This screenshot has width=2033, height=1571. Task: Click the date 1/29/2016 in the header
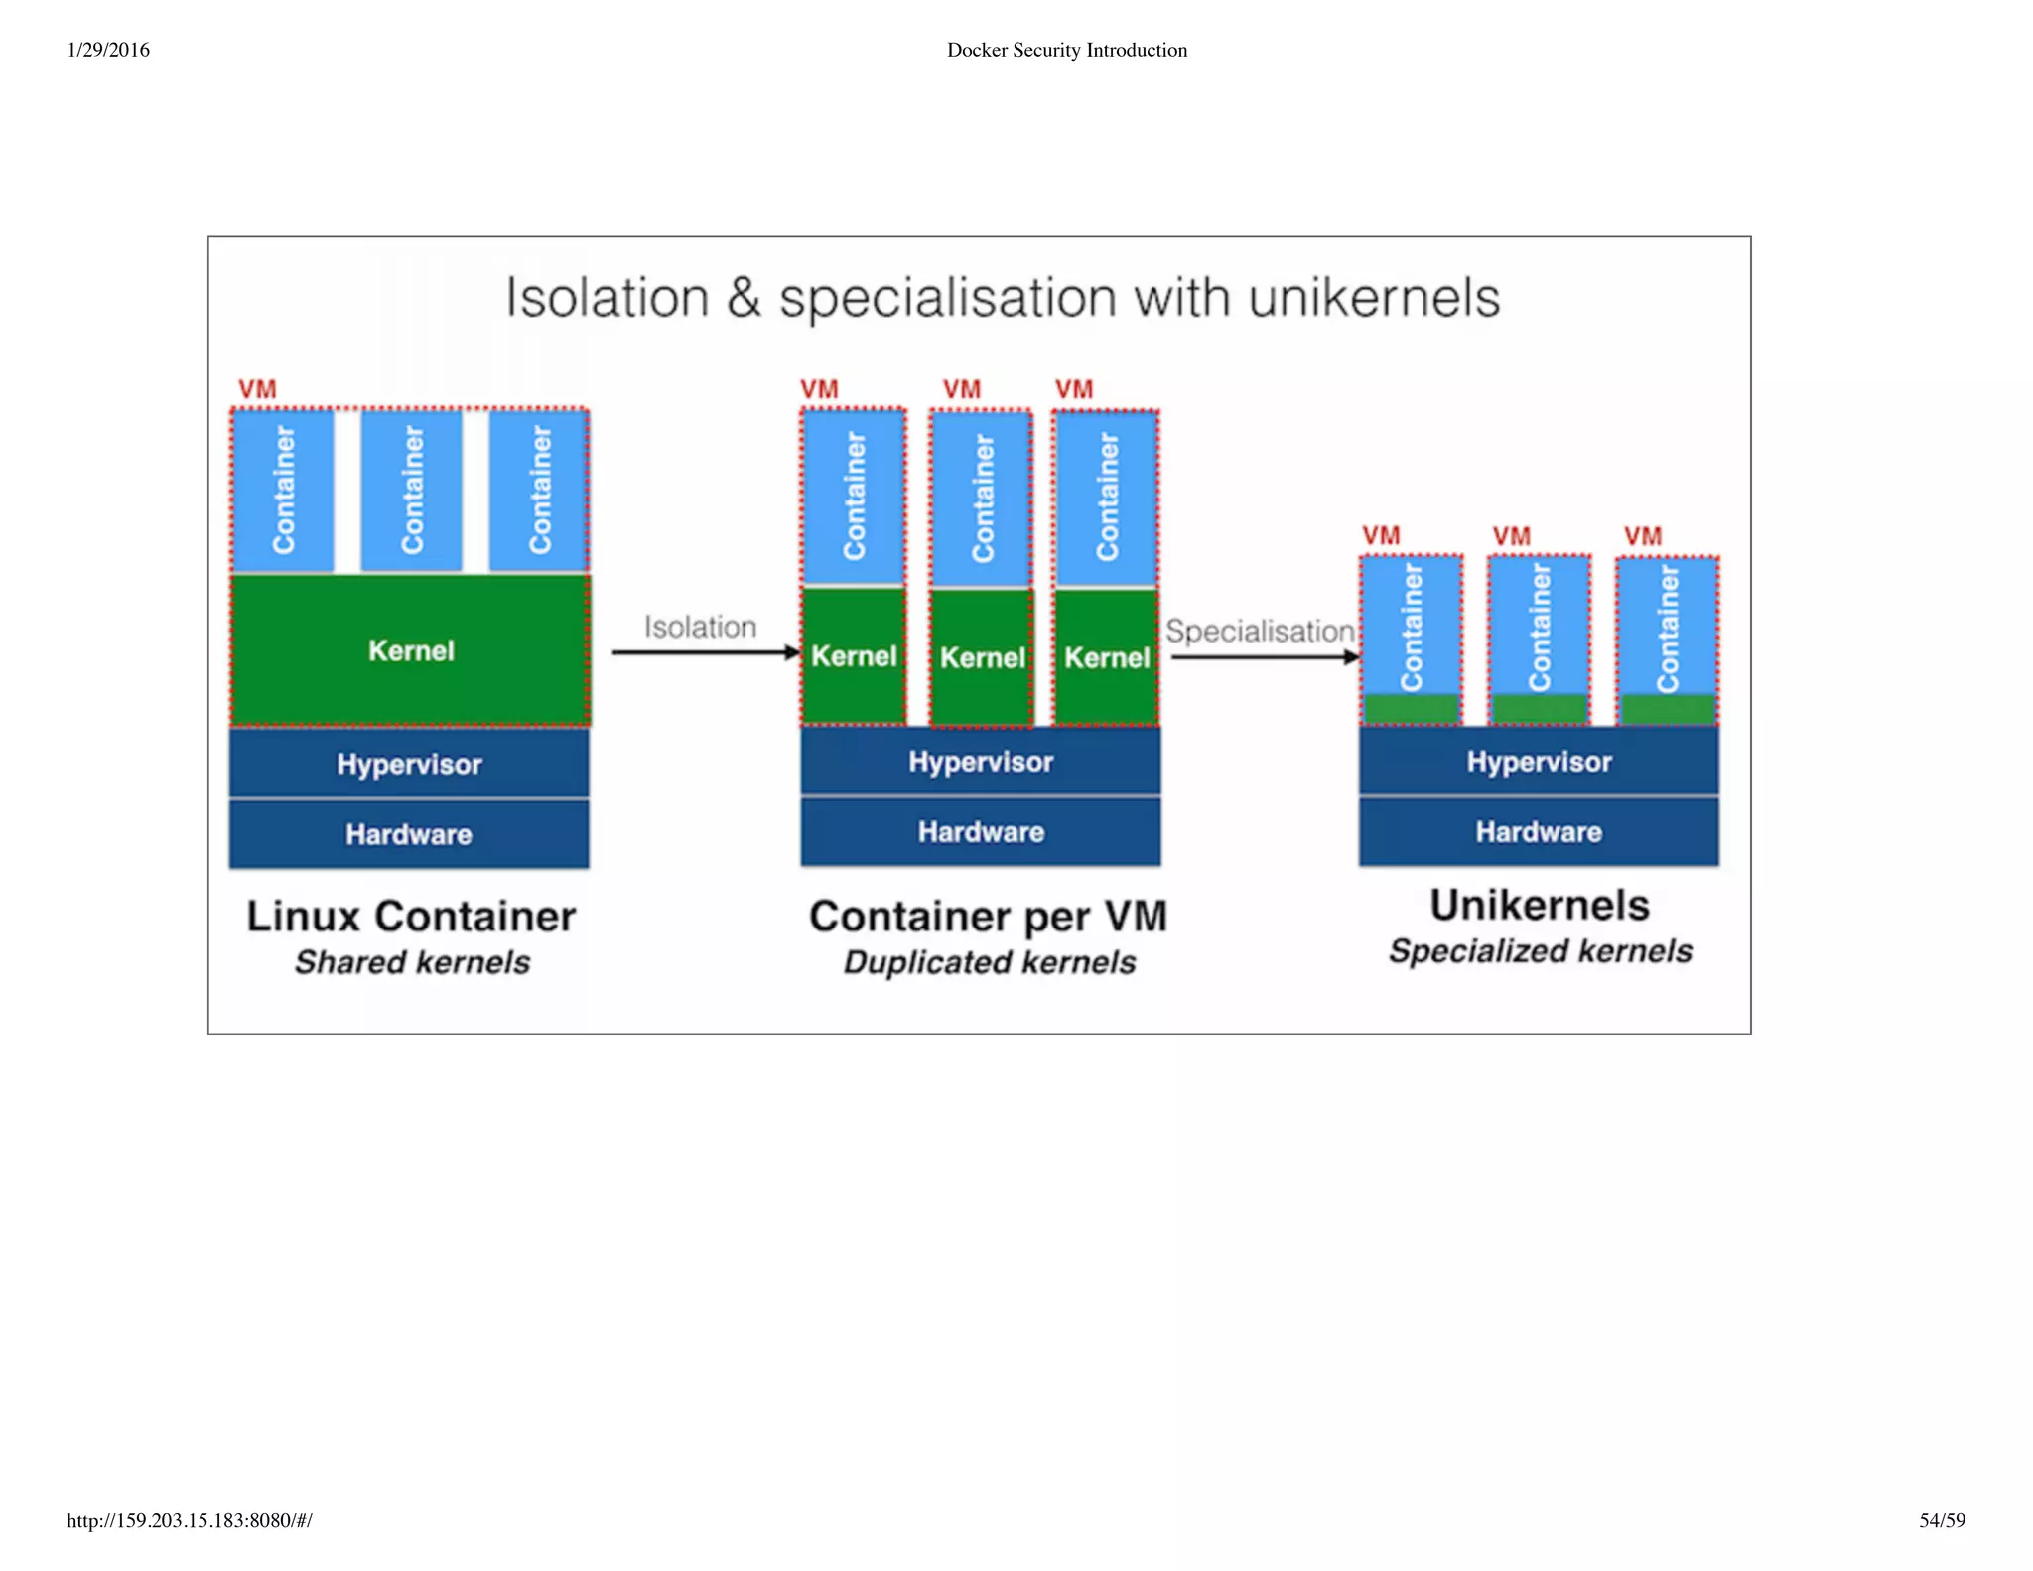point(108,50)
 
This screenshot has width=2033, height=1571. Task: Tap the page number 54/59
point(1942,1520)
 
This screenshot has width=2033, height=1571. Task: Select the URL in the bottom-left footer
point(189,1520)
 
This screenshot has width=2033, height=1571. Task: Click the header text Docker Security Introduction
point(1066,50)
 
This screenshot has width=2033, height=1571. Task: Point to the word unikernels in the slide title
point(1374,298)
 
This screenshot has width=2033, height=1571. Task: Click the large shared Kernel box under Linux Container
point(410,650)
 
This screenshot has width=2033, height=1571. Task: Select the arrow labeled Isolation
point(705,652)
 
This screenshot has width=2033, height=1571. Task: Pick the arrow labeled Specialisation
point(1264,656)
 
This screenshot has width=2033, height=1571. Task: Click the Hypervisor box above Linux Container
point(409,764)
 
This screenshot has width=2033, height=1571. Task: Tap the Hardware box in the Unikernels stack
point(1539,832)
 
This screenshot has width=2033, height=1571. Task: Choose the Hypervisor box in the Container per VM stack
point(981,762)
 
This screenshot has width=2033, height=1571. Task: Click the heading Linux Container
point(410,916)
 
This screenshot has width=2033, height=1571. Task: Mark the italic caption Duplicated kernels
point(990,962)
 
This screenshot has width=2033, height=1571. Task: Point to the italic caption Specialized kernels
point(1540,951)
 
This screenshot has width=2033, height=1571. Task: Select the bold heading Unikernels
point(1540,905)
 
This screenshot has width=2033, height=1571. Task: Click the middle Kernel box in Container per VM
point(982,657)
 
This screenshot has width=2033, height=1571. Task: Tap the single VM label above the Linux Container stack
point(257,389)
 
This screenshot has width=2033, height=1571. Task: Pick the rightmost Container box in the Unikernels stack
point(1668,628)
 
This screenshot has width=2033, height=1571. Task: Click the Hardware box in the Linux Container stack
point(409,834)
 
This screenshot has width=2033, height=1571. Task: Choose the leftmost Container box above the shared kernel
point(284,490)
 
